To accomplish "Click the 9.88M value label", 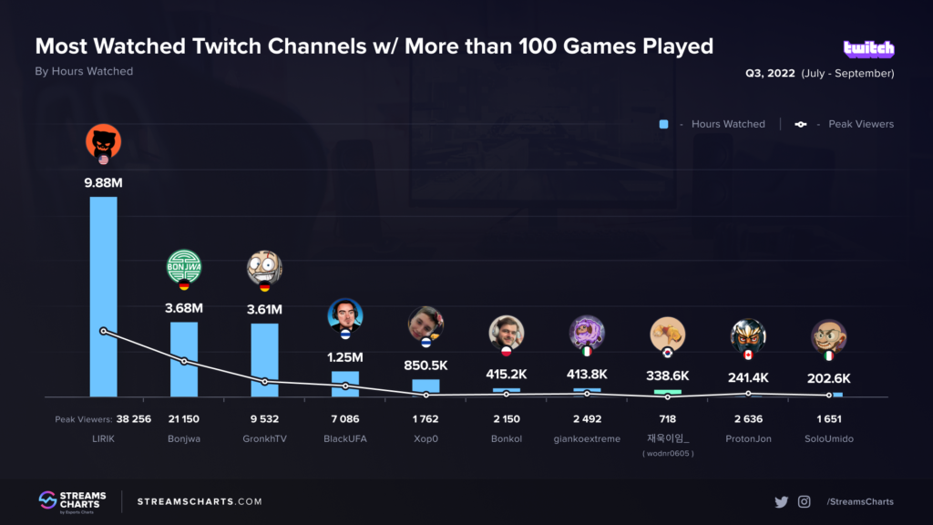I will (103, 183).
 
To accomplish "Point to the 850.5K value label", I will (425, 365).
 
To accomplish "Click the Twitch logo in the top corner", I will (868, 49).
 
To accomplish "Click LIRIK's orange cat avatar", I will (103, 141).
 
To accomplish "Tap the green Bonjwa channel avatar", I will (184, 267).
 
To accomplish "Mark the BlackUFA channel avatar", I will (345, 315).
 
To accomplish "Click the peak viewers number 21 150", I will (184, 419).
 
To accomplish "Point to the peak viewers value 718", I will (668, 419).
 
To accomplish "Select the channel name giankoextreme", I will (587, 438).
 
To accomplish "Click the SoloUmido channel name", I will (829, 438).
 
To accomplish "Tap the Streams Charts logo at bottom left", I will (72, 501).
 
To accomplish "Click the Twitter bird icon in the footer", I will (781, 501).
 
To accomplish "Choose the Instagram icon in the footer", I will (805, 501).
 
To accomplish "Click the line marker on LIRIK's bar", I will (103, 331).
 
